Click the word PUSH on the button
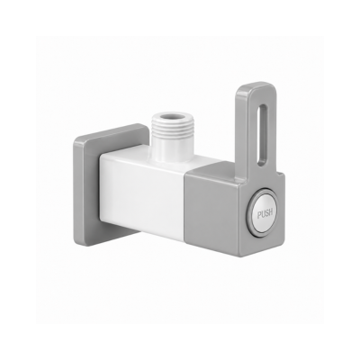tap(265, 213)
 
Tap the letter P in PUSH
tap(259, 214)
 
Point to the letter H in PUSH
tap(271, 212)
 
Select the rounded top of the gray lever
tap(256, 88)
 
